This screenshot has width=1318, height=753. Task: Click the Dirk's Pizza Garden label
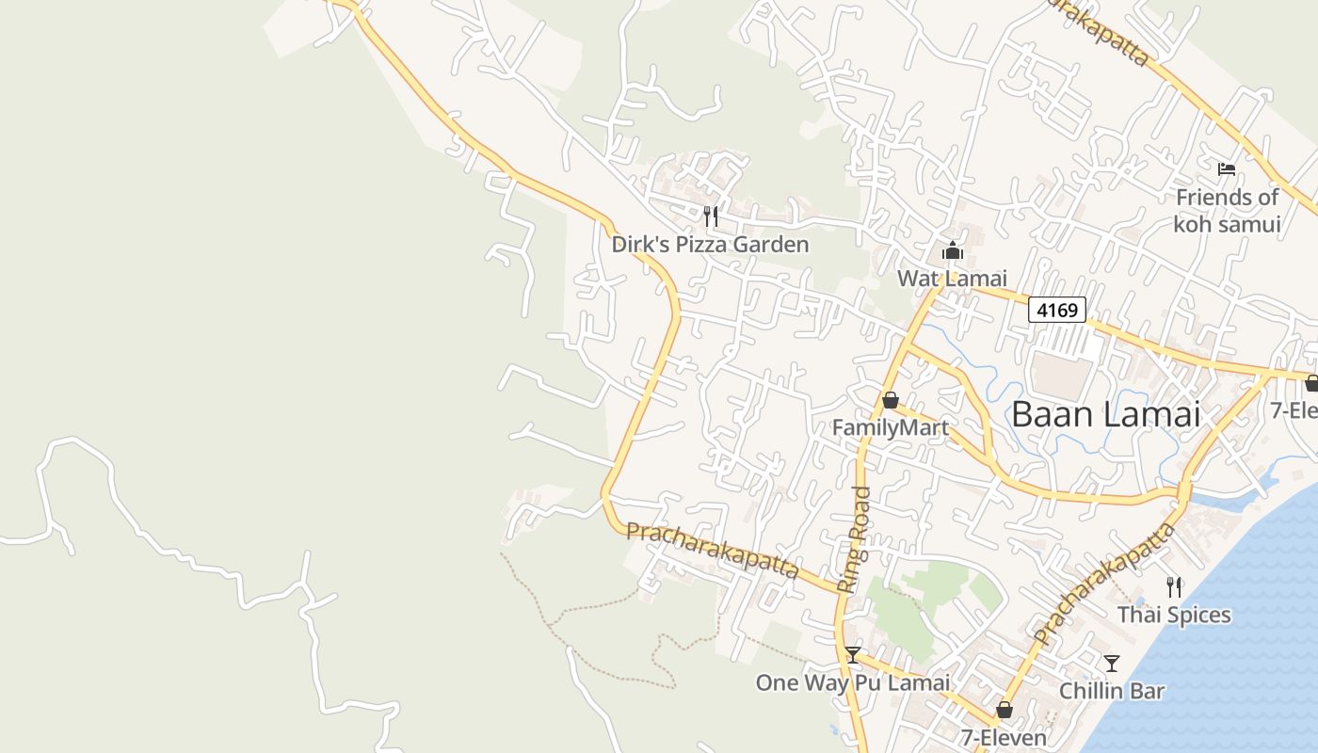click(710, 245)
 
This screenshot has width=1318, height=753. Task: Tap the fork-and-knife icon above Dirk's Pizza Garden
click(711, 216)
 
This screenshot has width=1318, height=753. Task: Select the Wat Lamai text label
click(952, 278)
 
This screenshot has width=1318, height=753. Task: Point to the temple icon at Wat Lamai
click(953, 251)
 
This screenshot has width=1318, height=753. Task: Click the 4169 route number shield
click(1056, 309)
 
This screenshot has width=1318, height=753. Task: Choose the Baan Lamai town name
click(1105, 414)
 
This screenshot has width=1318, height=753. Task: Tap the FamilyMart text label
click(890, 428)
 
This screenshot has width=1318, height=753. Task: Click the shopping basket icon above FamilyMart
click(890, 401)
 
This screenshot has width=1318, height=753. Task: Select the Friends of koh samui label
click(1227, 211)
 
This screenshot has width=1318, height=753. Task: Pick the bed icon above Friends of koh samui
click(1226, 169)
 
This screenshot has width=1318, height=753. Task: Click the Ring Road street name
click(853, 538)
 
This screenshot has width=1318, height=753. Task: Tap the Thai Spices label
click(1174, 615)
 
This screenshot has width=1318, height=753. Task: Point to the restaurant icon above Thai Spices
click(1173, 587)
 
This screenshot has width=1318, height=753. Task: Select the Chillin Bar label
click(1112, 691)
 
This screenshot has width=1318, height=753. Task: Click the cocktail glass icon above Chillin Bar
click(1112, 664)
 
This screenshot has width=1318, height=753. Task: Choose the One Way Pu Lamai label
click(852, 682)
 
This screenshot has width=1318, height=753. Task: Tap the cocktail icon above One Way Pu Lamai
click(852, 655)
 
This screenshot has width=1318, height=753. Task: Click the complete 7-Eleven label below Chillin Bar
click(1004, 737)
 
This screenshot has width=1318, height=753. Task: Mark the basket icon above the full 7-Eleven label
click(1005, 710)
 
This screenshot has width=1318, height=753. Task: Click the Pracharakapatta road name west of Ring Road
click(712, 550)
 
